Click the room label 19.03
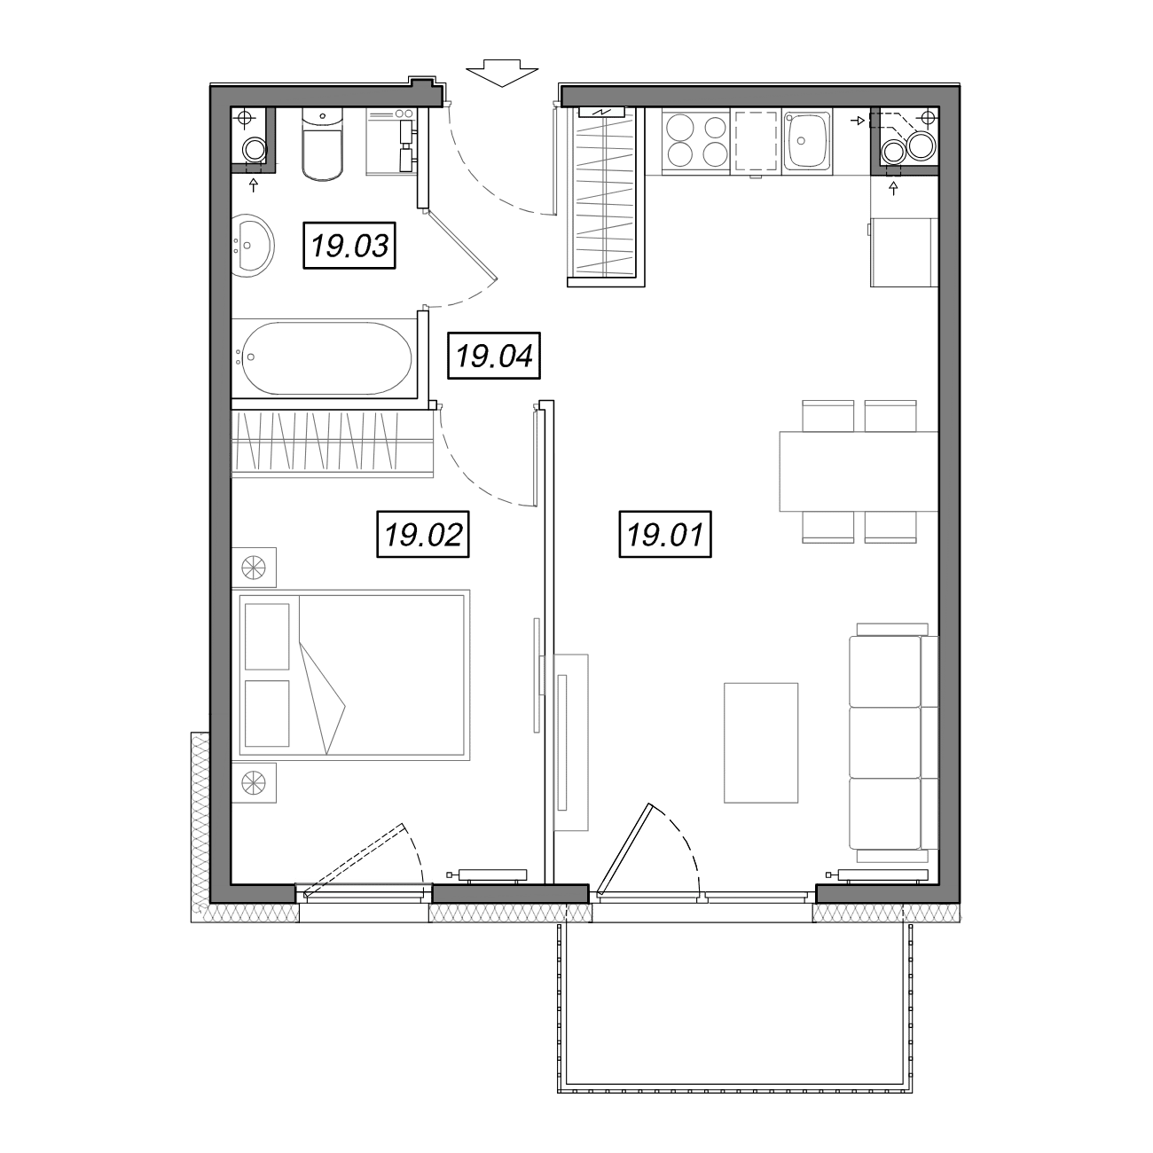[x=349, y=246]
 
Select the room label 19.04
[x=494, y=356]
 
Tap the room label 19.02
[x=423, y=534]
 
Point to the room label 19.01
[x=665, y=534]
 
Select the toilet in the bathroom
[x=323, y=145]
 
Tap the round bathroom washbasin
[x=253, y=246]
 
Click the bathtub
[x=325, y=358]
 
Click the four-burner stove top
[x=696, y=141]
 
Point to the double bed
[x=354, y=675]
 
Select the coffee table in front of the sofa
[x=760, y=742]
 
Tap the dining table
[x=858, y=472]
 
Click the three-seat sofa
[x=893, y=742]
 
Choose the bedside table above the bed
[x=254, y=568]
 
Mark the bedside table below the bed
[x=254, y=782]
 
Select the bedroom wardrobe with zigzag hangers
[x=332, y=444]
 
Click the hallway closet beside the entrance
[x=606, y=194]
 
